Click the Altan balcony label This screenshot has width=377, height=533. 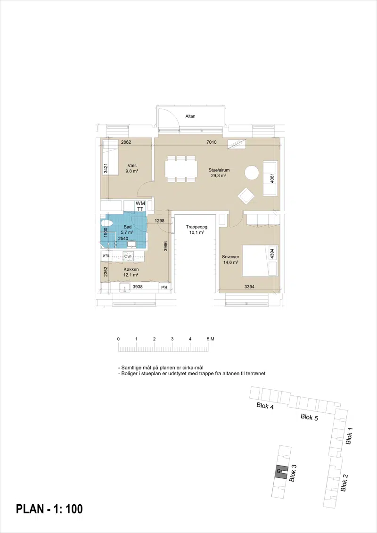click(x=190, y=116)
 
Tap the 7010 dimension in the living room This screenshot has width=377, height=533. click(x=212, y=142)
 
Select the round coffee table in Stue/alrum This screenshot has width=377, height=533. click(x=252, y=172)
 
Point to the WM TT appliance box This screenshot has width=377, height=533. click(x=140, y=206)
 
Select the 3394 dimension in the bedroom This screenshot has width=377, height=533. click(x=249, y=287)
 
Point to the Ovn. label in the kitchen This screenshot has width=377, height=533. click(x=128, y=256)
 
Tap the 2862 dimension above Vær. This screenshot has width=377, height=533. click(x=126, y=142)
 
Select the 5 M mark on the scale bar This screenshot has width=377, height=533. click(x=210, y=339)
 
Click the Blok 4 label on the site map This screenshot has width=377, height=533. click(x=265, y=406)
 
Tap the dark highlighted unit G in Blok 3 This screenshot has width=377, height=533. click(x=281, y=471)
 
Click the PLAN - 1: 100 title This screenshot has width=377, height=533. click(x=49, y=509)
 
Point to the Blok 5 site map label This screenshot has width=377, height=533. click(x=309, y=417)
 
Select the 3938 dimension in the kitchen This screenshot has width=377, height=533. click(x=138, y=287)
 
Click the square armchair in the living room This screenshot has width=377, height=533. click(x=246, y=196)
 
